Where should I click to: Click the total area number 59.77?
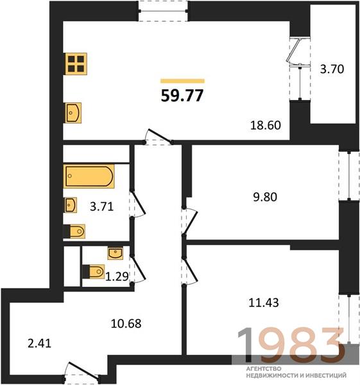(182, 95)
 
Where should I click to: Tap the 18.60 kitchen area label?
(266, 125)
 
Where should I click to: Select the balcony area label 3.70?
(332, 69)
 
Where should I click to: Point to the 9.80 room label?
(265, 197)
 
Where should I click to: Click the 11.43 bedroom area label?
(264, 302)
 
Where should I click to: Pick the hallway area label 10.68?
(126, 323)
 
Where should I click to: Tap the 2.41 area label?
(40, 343)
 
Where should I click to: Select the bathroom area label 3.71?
(101, 207)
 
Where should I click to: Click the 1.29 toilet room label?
(117, 277)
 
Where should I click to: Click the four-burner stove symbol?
(76, 64)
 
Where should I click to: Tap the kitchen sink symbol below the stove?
(73, 113)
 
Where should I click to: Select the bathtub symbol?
(89, 176)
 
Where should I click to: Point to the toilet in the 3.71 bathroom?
(74, 231)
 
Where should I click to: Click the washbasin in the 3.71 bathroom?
(71, 205)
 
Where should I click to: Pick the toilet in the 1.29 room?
(94, 271)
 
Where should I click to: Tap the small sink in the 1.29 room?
(115, 253)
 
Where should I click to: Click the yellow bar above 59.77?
(182, 81)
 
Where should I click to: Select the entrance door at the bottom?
(82, 372)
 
